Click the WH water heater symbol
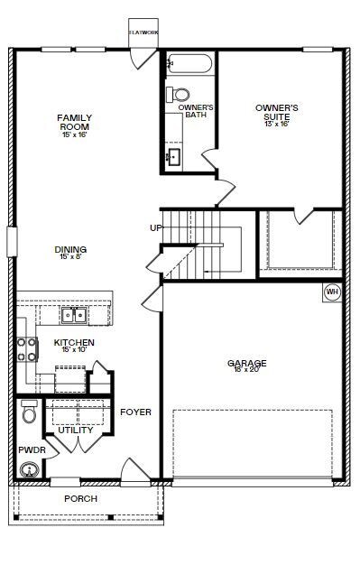[x=332, y=292]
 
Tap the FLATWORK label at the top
[x=143, y=32]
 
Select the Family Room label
[x=74, y=122]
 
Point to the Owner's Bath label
[x=195, y=111]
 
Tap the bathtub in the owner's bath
[x=189, y=64]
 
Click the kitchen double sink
[x=74, y=315]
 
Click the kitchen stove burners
[x=27, y=349]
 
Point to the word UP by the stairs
[x=156, y=227]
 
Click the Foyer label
[x=135, y=412]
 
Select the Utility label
[x=75, y=430]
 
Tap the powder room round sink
[x=31, y=469]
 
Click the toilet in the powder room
[x=29, y=412]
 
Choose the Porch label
[x=80, y=498]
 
